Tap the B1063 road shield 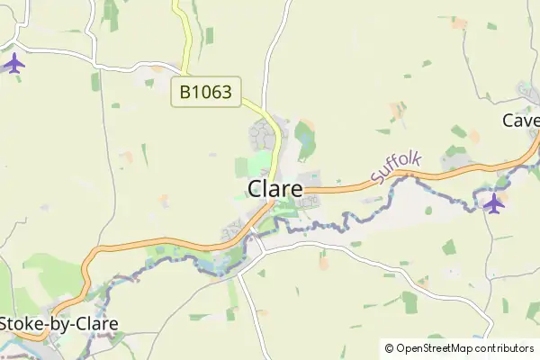205,91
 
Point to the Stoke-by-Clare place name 58,323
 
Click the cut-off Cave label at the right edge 521,121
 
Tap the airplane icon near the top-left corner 13,64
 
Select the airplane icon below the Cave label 493,203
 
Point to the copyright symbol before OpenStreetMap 389,348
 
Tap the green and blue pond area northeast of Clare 306,137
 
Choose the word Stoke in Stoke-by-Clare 22,323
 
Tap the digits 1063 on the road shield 217,91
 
